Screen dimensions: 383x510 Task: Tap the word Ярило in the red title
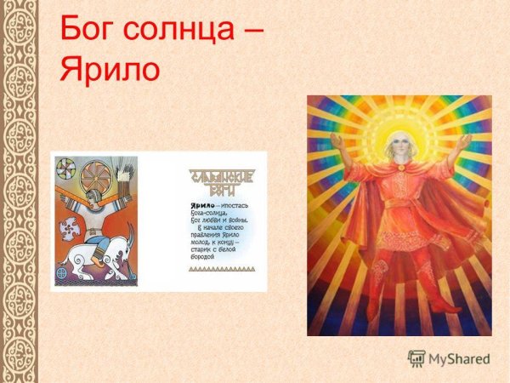(110, 68)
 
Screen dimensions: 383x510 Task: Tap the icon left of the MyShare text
(416, 359)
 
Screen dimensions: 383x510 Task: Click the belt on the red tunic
(399, 204)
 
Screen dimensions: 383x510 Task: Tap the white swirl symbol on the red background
(70, 226)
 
